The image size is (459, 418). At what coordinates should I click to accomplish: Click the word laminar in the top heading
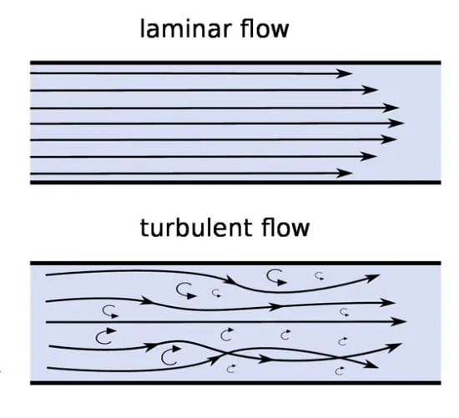[x=184, y=28]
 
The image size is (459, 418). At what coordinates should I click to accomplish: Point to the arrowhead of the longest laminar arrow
[x=396, y=123]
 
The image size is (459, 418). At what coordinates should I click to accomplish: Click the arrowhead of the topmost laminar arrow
[x=344, y=73]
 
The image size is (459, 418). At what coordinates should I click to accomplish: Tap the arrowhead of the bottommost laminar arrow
[x=344, y=174]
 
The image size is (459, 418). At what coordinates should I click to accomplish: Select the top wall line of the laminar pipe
[x=235, y=63]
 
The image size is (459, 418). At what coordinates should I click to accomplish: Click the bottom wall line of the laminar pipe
[x=235, y=183]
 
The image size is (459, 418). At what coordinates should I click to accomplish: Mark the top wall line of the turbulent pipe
[x=235, y=263]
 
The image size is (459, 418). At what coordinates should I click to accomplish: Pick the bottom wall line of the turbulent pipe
[x=235, y=383]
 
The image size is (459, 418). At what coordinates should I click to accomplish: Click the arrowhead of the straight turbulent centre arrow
[x=398, y=321]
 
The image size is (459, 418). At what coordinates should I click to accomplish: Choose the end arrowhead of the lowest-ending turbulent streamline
[x=371, y=365]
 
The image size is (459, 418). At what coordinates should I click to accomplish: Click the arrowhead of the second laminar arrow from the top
[x=370, y=89]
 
